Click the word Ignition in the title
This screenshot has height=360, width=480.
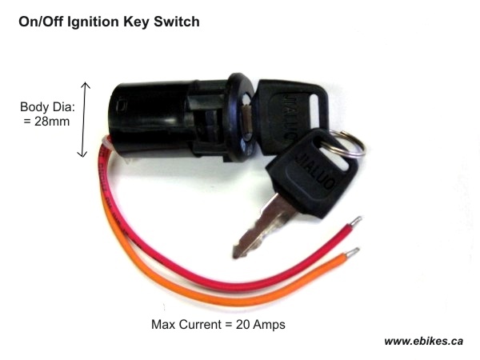[93, 22]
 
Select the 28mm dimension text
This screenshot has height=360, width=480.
[52, 122]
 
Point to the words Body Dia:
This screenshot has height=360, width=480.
[47, 107]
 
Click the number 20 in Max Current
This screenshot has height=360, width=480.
[242, 324]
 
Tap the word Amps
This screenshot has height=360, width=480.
[269, 324]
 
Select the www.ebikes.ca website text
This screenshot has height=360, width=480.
[423, 341]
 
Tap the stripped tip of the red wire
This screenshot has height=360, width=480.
[356, 221]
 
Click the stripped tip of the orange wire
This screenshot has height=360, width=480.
[353, 253]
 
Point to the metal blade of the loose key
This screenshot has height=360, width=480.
[262, 228]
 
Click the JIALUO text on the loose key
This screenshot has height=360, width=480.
[316, 170]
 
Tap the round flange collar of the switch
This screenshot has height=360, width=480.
[242, 118]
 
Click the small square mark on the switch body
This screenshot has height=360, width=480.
[122, 106]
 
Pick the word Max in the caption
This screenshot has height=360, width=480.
[163, 324]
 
